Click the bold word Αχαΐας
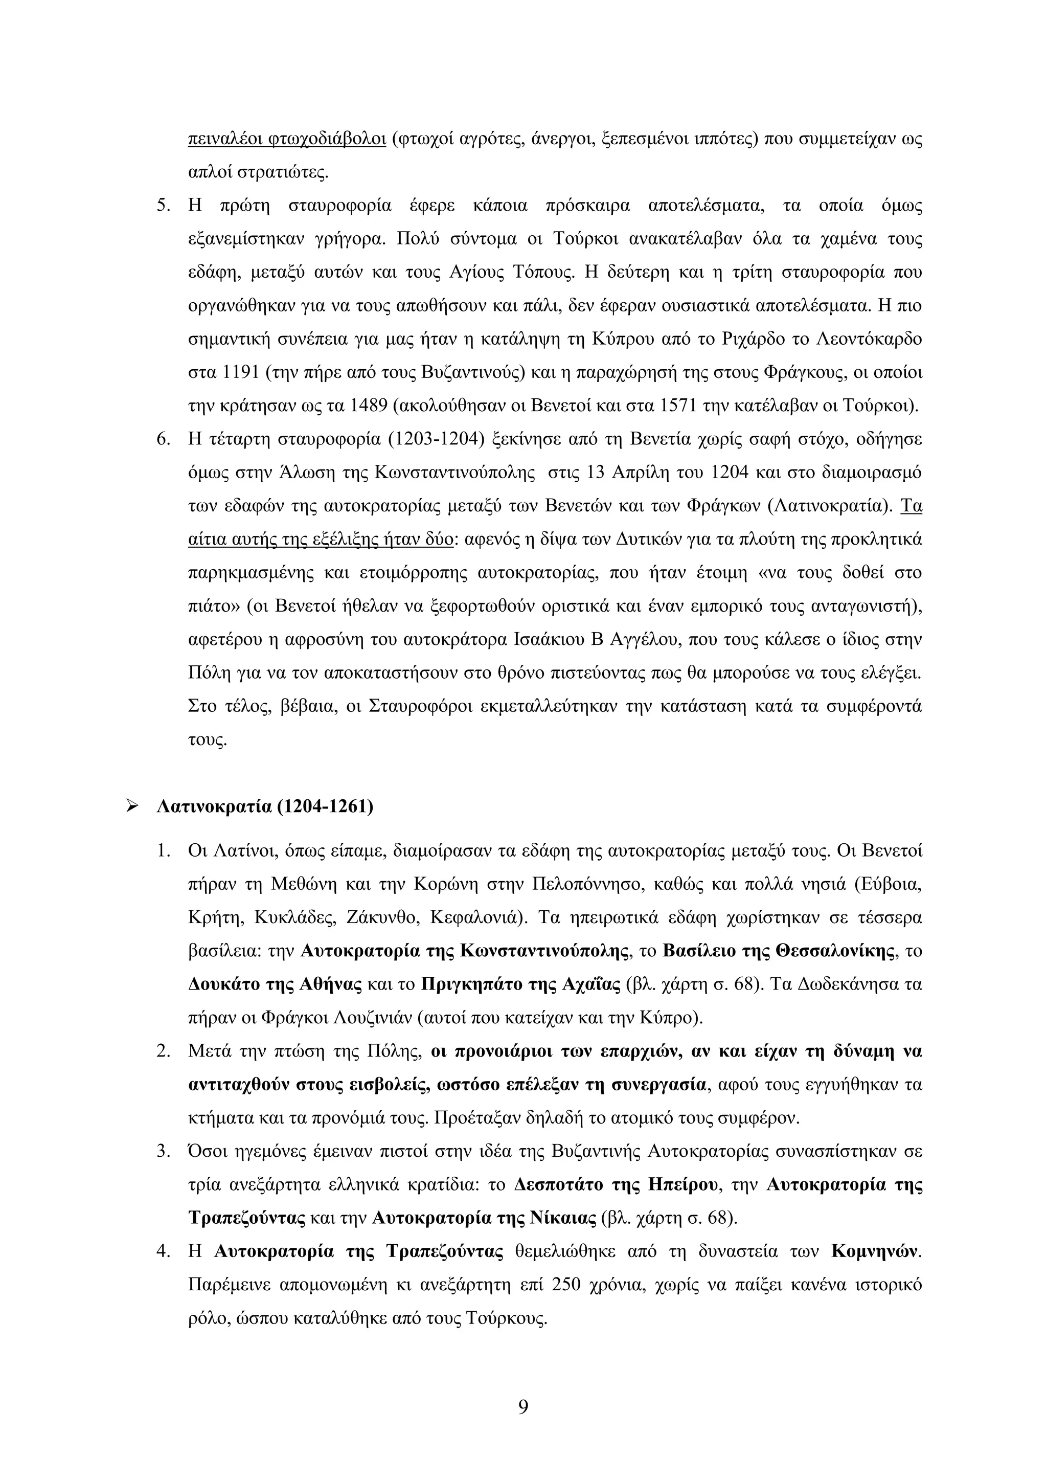click(590, 984)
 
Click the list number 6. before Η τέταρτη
click(163, 440)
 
